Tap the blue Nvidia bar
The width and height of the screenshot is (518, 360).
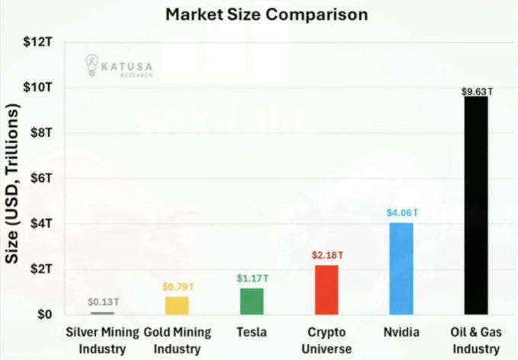(401, 268)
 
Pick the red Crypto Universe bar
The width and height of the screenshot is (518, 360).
(326, 289)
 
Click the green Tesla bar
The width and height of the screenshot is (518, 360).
(251, 301)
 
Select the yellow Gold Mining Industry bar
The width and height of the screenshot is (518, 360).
(177, 305)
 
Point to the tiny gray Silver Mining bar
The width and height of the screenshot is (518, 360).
(102, 313)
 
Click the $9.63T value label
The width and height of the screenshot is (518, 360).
(477, 91)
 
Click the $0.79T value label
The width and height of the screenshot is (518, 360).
(177, 288)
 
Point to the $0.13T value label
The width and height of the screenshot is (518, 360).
(102, 303)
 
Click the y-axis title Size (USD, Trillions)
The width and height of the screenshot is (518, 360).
(13, 183)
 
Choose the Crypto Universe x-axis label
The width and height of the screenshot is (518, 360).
(326, 340)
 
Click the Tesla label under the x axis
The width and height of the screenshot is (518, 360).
(251, 332)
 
